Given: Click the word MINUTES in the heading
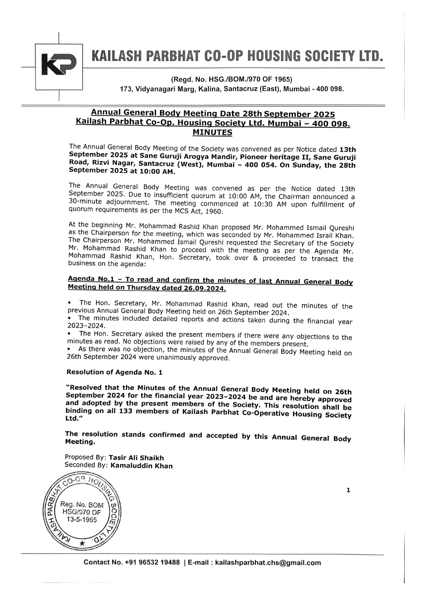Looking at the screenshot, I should click(212, 132).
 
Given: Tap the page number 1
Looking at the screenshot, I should click(348, 490).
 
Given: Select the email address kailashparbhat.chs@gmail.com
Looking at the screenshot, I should click(268, 563).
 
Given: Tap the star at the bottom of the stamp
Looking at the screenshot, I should click(82, 543).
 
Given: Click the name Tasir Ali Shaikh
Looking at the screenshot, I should click(136, 458).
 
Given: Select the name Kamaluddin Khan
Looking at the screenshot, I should click(142, 466).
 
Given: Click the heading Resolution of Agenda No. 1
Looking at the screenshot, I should click(114, 372).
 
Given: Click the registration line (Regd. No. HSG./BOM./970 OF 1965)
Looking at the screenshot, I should click(231, 80).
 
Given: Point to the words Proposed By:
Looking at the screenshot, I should click(86, 457).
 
